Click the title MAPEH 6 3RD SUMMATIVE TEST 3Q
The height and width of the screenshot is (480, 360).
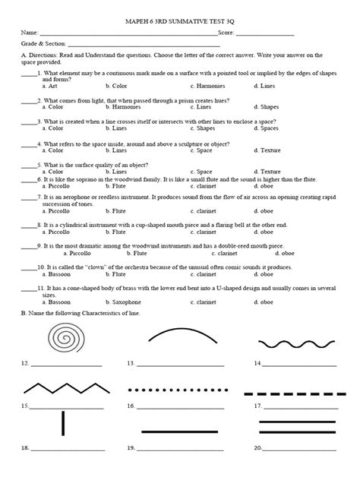pos(178,21)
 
